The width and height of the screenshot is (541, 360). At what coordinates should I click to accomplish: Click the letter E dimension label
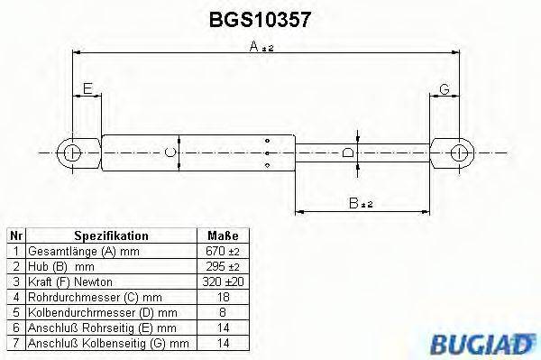coord(87,88)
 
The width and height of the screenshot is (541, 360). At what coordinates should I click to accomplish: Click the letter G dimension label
coord(445,88)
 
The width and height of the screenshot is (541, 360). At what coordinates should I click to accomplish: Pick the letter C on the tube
coord(169,152)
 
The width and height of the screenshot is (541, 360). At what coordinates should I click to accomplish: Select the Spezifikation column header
coord(111,235)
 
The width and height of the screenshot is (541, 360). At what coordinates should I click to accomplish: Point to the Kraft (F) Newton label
coord(69,283)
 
